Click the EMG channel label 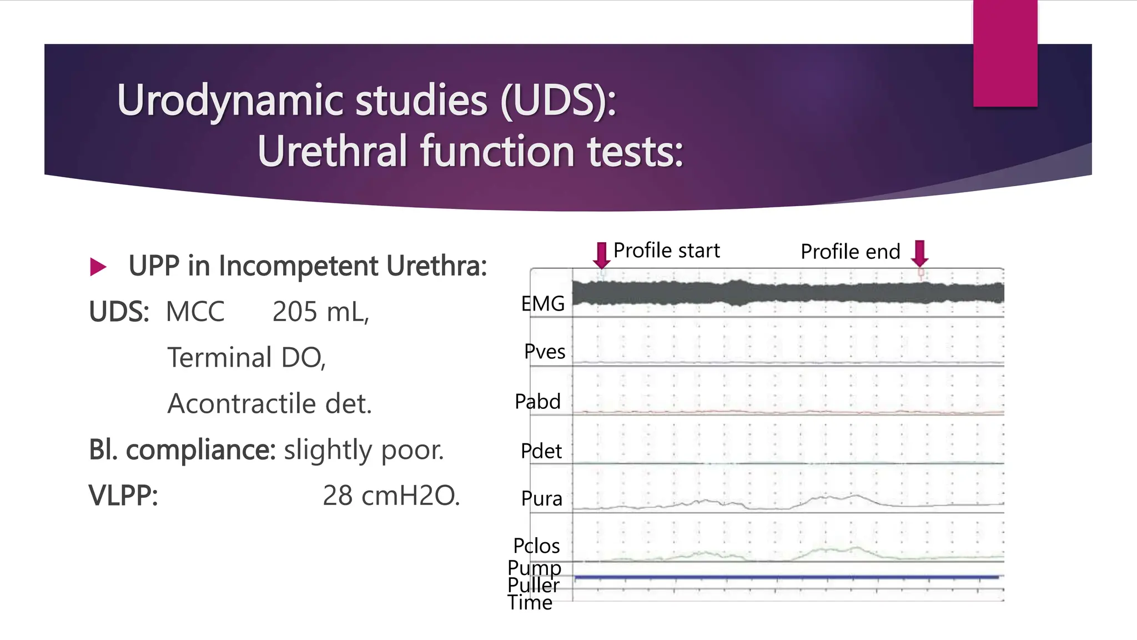click(x=542, y=304)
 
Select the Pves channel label click(x=545, y=352)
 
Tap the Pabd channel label click(x=537, y=401)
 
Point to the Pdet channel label click(x=541, y=451)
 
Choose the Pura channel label click(x=541, y=498)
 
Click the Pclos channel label click(x=536, y=546)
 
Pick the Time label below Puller click(x=530, y=603)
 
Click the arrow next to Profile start click(x=601, y=255)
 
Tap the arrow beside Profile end click(x=920, y=253)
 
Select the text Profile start click(x=666, y=251)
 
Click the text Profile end click(x=850, y=252)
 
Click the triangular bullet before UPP click(x=98, y=267)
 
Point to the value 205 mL click(x=320, y=312)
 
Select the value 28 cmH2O click(x=391, y=496)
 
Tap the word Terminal click(x=220, y=357)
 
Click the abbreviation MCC click(x=195, y=312)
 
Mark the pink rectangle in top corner click(x=1005, y=53)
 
